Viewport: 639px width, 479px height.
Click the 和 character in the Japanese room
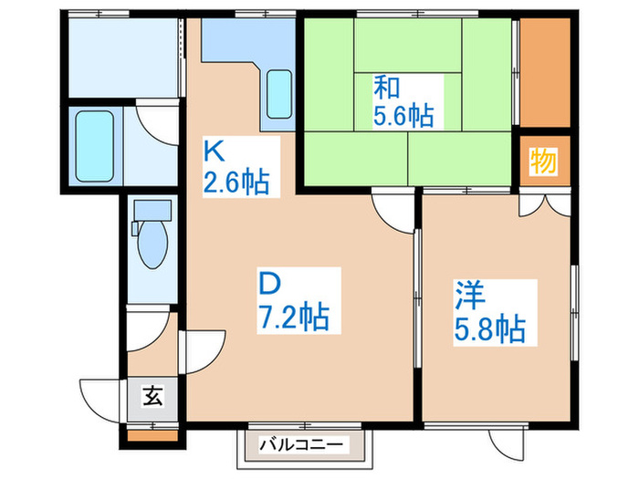click(384, 89)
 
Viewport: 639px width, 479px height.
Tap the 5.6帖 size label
click(403, 116)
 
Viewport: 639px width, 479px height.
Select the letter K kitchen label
click(214, 150)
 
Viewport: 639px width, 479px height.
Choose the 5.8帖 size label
click(491, 326)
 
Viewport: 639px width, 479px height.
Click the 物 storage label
click(542, 161)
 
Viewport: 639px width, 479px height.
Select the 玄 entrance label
click(152, 396)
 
